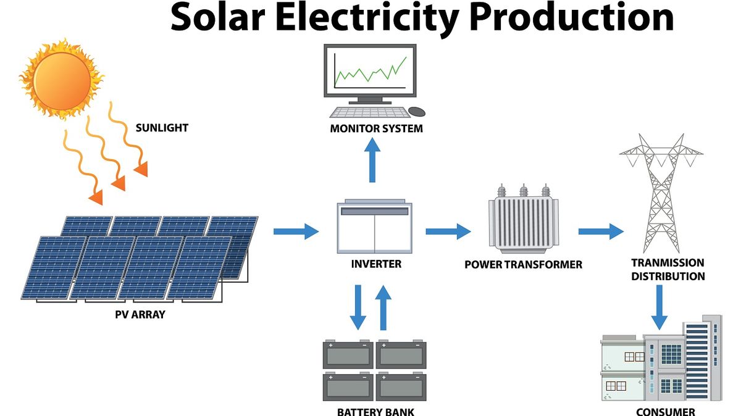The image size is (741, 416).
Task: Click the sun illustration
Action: (x=62, y=80)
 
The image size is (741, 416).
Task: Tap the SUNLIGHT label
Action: (x=162, y=128)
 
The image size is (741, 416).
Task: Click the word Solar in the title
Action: (x=218, y=17)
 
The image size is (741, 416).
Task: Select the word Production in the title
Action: (x=572, y=17)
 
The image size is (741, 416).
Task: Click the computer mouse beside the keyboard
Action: (x=417, y=112)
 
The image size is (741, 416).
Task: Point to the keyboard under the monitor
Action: (x=370, y=112)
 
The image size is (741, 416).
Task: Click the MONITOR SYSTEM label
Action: (x=377, y=128)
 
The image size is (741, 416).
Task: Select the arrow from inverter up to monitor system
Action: (x=372, y=160)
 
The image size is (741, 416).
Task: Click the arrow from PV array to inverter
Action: (x=296, y=231)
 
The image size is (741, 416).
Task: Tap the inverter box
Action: (x=374, y=227)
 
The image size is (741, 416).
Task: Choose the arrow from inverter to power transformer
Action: (x=448, y=231)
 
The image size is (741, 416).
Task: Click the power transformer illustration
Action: (x=524, y=219)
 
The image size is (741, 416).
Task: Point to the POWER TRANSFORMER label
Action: (x=524, y=265)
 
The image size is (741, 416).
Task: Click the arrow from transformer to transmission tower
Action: (x=601, y=231)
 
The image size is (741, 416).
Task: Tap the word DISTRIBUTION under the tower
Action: (x=668, y=276)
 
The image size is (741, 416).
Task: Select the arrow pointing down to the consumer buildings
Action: (x=659, y=307)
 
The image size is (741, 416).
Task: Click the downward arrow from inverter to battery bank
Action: (x=358, y=307)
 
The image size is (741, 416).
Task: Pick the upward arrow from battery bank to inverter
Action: (x=383, y=307)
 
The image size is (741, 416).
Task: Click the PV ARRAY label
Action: (x=140, y=315)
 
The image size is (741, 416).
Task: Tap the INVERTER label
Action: (x=376, y=264)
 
